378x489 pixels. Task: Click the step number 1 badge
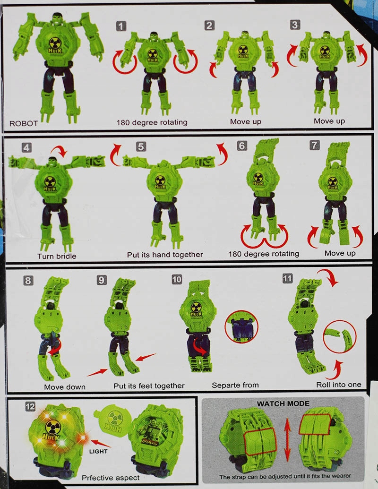[x=121, y=26]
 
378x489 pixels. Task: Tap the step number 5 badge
[x=141, y=146]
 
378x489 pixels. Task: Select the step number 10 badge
[x=177, y=279]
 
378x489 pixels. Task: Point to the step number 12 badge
[x=30, y=406]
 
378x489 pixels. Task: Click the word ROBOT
[x=24, y=123]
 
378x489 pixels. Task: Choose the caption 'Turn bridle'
[x=57, y=257]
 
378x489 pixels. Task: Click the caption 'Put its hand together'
[x=165, y=255]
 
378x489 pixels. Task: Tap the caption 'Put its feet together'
[x=149, y=386]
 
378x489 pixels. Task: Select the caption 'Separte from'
[x=235, y=385]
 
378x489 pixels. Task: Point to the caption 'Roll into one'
[x=339, y=385]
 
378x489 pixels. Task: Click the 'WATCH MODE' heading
[x=283, y=403]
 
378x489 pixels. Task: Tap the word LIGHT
[x=98, y=451]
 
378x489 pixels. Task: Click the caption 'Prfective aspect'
[x=111, y=478]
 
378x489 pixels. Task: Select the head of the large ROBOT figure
[x=57, y=19]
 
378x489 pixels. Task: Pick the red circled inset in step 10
[x=242, y=326]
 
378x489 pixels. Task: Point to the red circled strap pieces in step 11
[x=340, y=336]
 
